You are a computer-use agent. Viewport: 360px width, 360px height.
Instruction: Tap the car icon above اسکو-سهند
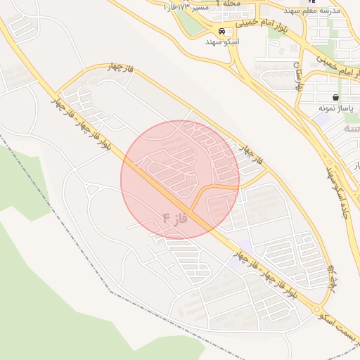222,32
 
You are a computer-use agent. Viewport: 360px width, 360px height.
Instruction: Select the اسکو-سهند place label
222,42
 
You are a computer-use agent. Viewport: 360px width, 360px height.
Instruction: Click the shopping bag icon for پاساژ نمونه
335,97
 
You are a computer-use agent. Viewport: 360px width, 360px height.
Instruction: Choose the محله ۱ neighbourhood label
229,4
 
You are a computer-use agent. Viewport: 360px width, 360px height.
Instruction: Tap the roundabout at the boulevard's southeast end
318,309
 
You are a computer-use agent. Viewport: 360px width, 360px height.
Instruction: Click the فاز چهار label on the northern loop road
120,67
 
